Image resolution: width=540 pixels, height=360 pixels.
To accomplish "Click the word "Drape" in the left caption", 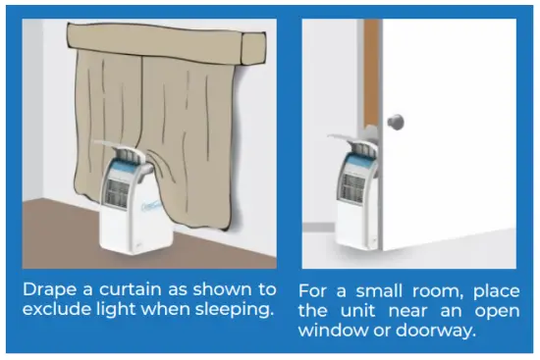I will click(x=48, y=290).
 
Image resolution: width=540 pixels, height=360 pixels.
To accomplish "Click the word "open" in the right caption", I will click(x=490, y=312).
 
